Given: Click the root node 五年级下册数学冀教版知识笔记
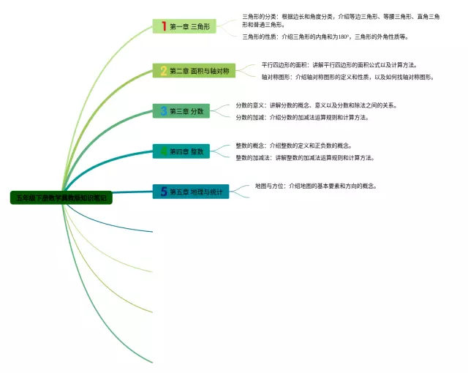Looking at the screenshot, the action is (61, 198).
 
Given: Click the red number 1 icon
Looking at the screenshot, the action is (164, 26).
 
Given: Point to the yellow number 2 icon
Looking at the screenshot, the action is (164, 71).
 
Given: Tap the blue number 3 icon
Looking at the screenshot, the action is (164, 111).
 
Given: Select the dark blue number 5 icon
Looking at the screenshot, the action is (164, 192).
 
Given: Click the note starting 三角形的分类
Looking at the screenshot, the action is (341, 20).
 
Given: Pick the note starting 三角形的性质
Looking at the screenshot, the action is (325, 36).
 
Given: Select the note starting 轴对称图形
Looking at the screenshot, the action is (347, 77).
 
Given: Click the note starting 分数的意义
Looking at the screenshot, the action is (316, 105).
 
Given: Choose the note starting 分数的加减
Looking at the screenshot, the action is (301, 117).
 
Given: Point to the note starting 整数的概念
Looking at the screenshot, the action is (293, 146).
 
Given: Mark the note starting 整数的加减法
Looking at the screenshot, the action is (304, 157).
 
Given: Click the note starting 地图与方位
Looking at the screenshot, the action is (315, 186).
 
